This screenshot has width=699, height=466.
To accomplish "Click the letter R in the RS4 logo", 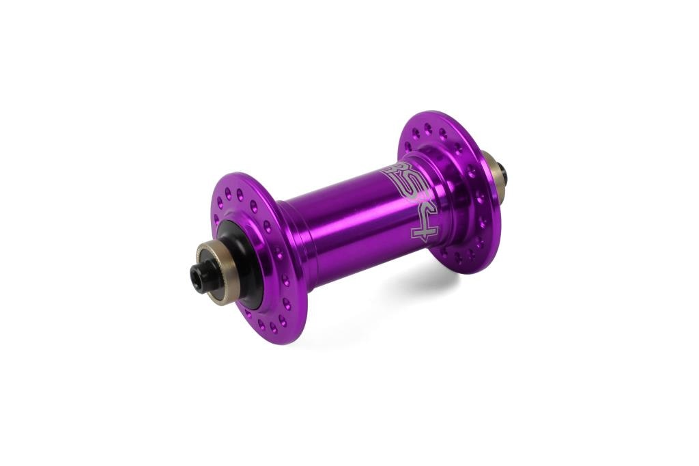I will tap(394, 172).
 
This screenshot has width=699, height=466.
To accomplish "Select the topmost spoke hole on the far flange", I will tap(428, 126).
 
